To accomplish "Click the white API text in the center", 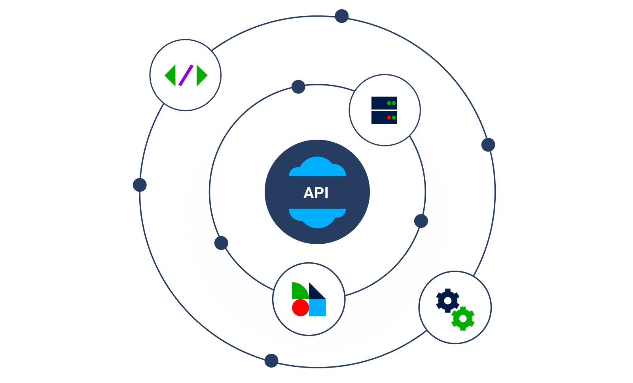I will click(316, 193).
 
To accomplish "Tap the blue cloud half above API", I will click(317, 168).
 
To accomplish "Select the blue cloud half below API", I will click(317, 217).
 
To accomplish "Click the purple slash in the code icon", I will click(186, 75).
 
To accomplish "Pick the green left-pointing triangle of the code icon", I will click(171, 75).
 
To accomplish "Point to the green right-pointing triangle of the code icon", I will click(201, 75).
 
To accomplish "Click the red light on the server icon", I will click(389, 118).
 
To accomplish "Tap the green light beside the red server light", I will click(394, 118).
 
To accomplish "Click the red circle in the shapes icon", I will click(300, 308).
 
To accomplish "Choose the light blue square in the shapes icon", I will click(318, 308).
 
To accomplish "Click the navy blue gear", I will click(447, 301).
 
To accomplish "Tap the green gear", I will click(463, 319).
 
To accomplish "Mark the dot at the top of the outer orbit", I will click(341, 16).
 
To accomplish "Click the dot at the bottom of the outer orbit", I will click(271, 360).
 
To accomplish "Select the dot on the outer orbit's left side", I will click(140, 185).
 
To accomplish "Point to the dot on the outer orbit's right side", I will click(488, 145).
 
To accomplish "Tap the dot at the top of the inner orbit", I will click(298, 87).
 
